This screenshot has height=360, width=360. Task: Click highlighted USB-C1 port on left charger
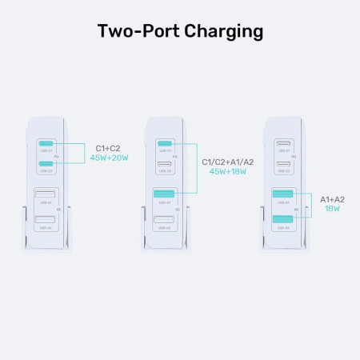[46, 143]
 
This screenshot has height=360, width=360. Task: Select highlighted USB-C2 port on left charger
[46, 163]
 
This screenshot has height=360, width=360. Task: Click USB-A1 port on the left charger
[46, 194]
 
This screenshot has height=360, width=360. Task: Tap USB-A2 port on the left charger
[46, 219]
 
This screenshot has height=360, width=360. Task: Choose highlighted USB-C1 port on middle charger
[164, 143]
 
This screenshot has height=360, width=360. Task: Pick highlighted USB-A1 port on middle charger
[164, 194]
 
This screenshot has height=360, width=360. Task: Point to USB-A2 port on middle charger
[164, 219]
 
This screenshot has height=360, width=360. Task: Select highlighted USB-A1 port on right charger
[282, 194]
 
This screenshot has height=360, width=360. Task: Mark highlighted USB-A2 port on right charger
[282, 219]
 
